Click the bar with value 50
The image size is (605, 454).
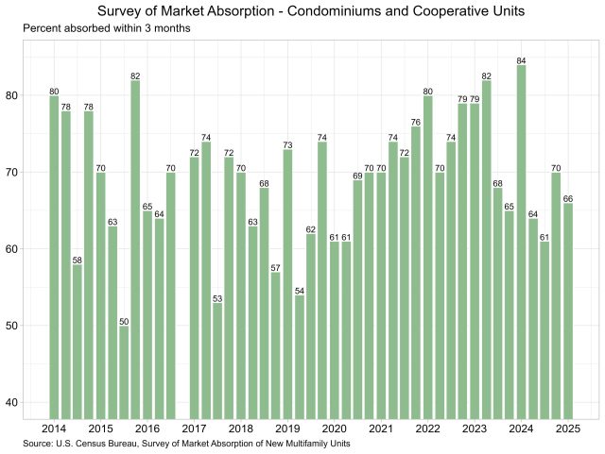(124, 372)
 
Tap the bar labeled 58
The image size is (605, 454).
(78, 341)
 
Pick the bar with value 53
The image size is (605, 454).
(217, 360)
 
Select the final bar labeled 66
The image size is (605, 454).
(568, 311)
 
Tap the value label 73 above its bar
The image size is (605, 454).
(287, 145)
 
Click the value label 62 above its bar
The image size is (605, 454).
(311, 229)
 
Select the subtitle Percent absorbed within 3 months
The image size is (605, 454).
(107, 29)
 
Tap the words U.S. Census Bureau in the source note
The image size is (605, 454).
(102, 444)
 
